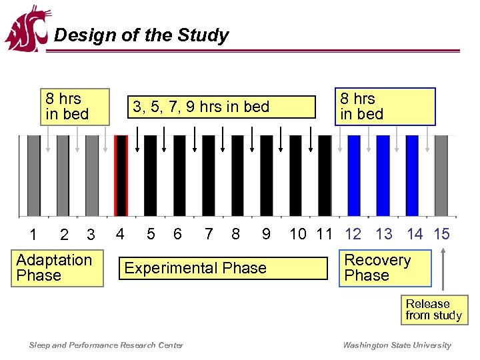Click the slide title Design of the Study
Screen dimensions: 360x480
(141, 35)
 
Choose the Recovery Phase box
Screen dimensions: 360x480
(385, 268)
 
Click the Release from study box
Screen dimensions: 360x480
(434, 310)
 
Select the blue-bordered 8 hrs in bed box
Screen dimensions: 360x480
(385, 107)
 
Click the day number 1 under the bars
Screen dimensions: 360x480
(33, 235)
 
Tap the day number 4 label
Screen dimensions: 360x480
(120, 234)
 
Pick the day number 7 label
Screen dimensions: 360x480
(209, 234)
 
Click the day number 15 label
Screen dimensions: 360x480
(441, 234)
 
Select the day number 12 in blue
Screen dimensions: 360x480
(353, 234)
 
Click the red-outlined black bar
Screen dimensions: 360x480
(121, 175)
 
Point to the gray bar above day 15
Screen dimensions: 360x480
(441, 175)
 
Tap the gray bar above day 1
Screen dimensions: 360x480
(33, 175)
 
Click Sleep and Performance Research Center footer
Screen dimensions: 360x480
(107, 345)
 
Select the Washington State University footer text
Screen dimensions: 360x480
(397, 345)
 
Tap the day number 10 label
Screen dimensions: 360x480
(298, 234)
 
